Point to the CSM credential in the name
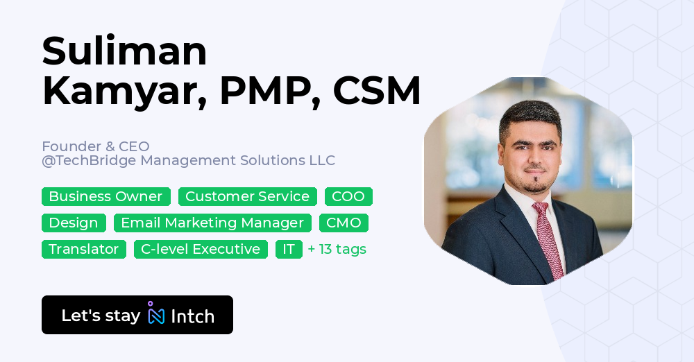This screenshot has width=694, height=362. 376,91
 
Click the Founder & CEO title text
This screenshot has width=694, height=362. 96,146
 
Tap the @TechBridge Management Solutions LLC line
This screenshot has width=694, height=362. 188,161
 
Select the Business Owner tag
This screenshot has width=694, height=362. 105,196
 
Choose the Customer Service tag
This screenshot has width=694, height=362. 247,196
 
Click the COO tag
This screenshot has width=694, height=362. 348,196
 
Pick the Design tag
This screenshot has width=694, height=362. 74,223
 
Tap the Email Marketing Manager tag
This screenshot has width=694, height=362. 212,223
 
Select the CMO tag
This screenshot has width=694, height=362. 344,223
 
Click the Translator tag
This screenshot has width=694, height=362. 83,249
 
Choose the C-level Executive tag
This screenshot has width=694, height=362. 201,249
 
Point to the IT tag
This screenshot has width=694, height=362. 289,249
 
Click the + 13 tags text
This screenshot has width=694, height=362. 337,249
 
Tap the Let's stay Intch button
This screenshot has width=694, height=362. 137,315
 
